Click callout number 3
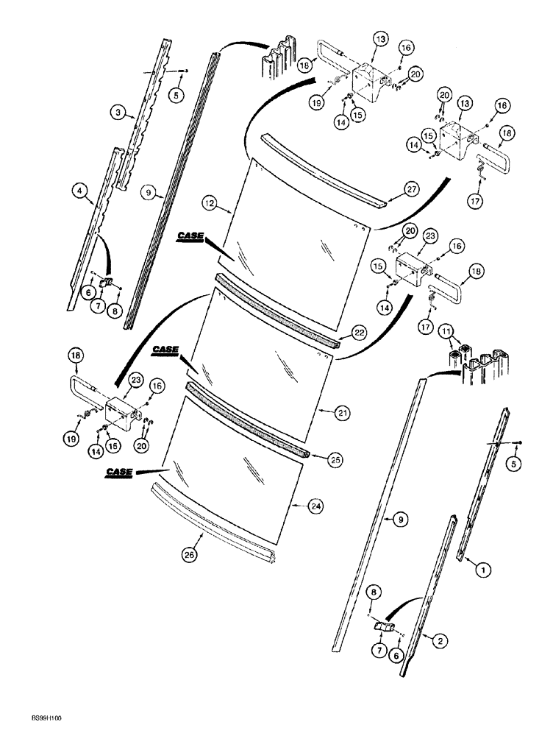point(116,113)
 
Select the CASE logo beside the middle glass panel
point(168,350)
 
